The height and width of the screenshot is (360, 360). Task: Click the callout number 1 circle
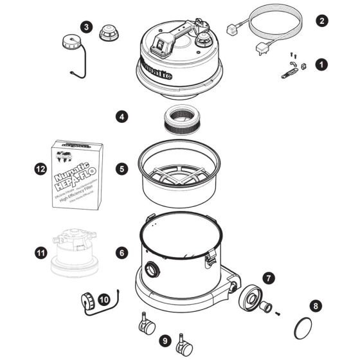[x=322, y=65]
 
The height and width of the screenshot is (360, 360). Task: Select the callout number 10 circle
[x=104, y=298]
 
